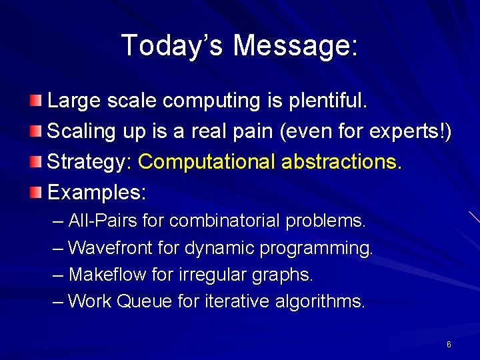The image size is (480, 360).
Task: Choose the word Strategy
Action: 90,162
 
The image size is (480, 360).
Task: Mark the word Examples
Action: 97,193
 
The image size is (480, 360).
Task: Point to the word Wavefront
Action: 111,248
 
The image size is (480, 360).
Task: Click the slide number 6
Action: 449,344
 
